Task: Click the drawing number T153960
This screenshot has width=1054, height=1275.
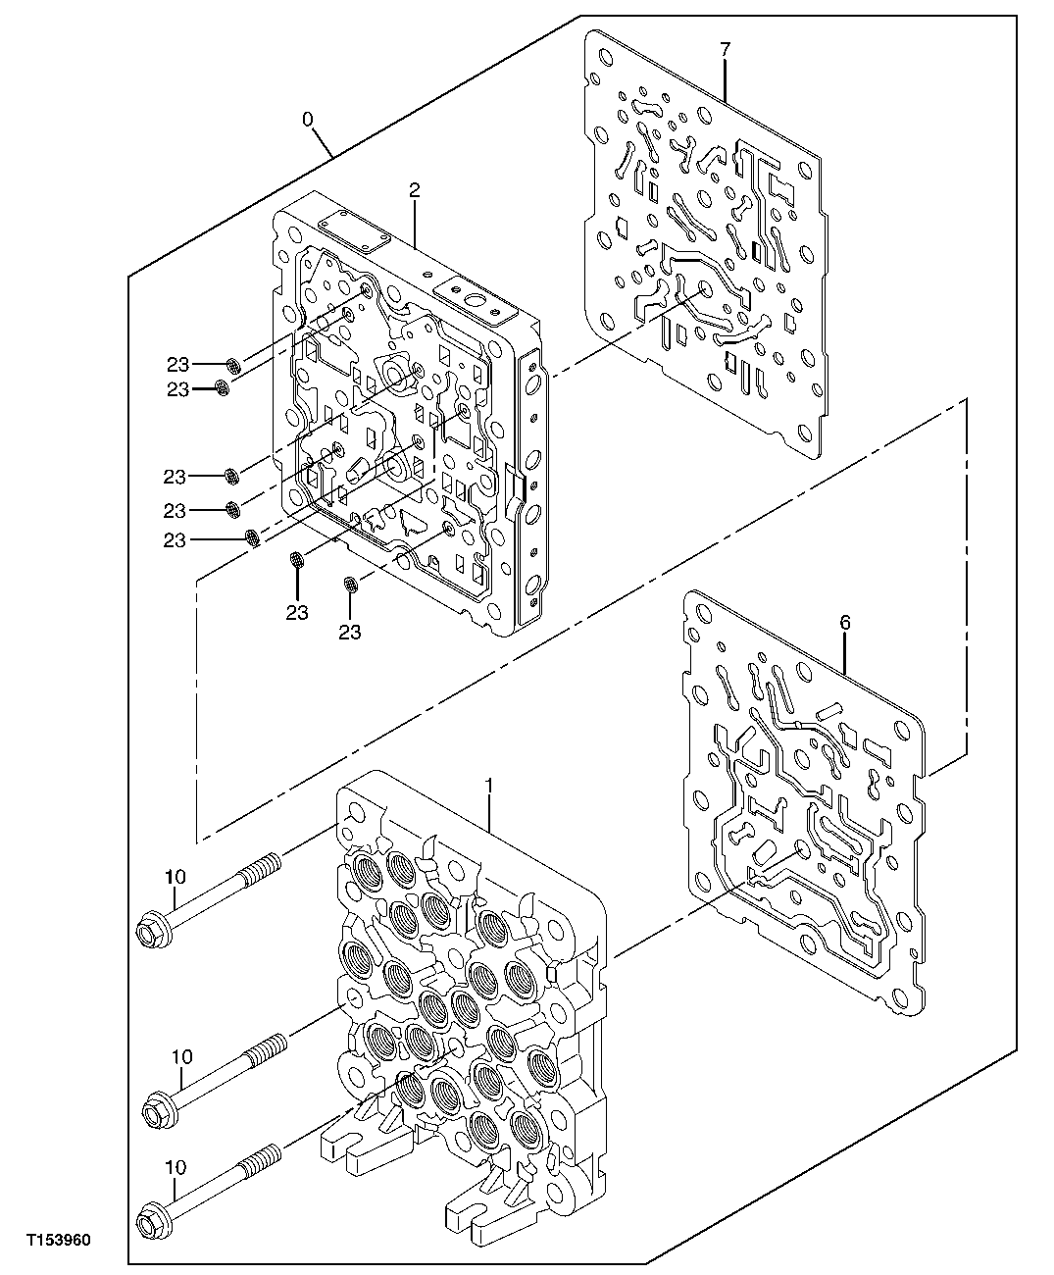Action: (58, 1241)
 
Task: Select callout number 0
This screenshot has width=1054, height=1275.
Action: (307, 119)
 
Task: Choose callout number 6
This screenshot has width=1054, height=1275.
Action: (845, 622)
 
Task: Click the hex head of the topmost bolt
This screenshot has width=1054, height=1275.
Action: (149, 924)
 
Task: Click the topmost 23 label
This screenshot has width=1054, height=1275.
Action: (176, 364)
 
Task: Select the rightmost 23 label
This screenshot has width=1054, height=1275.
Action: (349, 632)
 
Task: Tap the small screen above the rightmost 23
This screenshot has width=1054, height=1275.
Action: (349, 586)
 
